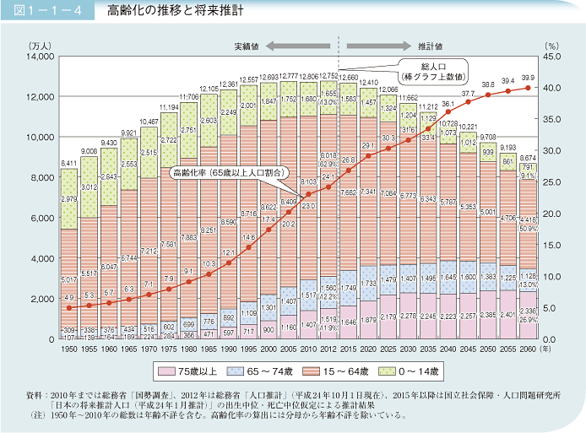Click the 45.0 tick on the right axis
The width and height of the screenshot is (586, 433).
point(551,57)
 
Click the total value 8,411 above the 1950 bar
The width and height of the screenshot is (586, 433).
point(69,163)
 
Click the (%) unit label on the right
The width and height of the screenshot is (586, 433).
point(552,43)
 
